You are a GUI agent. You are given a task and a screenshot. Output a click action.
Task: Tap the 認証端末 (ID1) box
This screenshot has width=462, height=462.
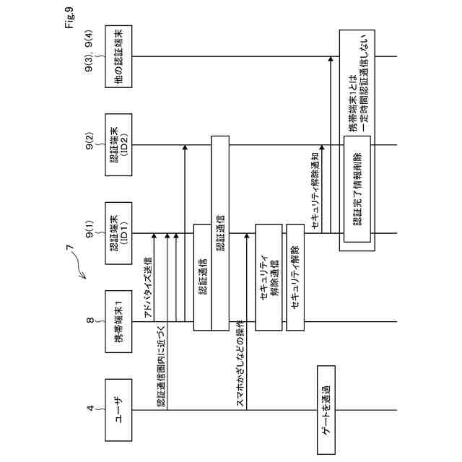point(120,233)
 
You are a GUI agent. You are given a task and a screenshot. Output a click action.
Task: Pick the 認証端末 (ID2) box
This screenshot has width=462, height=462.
point(120,144)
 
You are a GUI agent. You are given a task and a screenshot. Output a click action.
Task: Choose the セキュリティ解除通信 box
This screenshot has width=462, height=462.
point(269,278)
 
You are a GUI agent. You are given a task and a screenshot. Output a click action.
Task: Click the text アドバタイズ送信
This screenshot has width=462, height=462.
point(148,289)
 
